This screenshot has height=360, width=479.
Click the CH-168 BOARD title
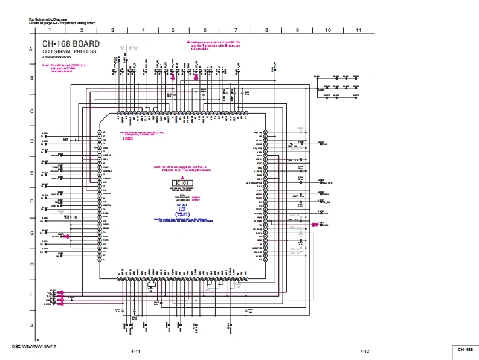click(x=71, y=44)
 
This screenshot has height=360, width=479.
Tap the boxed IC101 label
click(x=182, y=183)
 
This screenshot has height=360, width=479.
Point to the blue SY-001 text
click(x=182, y=205)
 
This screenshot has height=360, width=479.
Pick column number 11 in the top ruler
click(x=358, y=30)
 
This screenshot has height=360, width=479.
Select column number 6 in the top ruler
click(x=205, y=30)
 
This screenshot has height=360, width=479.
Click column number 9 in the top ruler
click(x=297, y=30)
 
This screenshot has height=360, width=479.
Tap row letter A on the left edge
click(x=30, y=48)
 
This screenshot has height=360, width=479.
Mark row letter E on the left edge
click(x=30, y=172)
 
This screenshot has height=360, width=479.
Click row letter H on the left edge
click(x=30, y=264)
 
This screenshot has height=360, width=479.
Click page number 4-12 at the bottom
click(x=364, y=351)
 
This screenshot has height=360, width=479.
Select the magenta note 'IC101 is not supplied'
click(x=182, y=169)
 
